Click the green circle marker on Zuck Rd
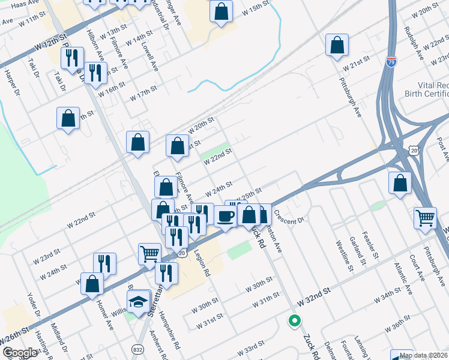pos(294,321)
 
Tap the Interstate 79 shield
pos(391,62)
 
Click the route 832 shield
pos(137,349)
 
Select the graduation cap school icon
pos(139,302)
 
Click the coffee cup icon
pos(225,215)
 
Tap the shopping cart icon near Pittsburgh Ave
pos(425,217)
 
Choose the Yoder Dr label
pos(32,306)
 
